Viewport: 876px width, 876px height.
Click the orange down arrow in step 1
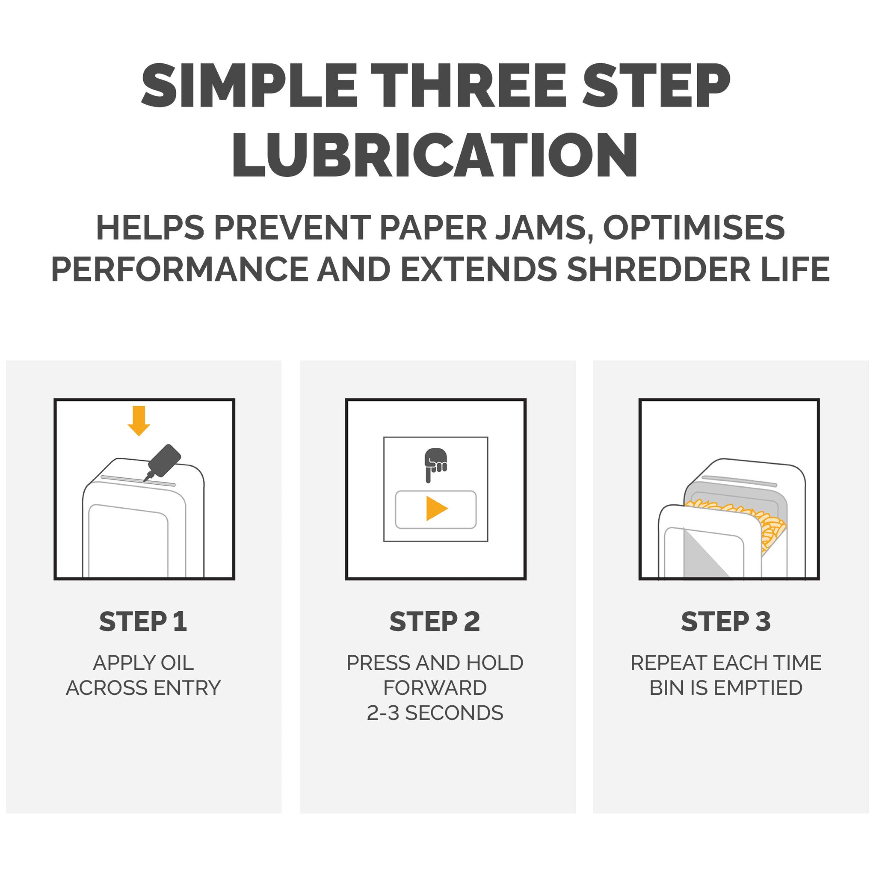coord(139,421)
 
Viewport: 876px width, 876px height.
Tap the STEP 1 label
coord(143,621)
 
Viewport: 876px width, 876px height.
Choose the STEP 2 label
coord(435,621)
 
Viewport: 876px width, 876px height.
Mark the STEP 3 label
coord(726,621)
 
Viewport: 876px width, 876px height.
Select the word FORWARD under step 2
coord(435,688)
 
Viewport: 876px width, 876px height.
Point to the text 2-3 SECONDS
coord(435,713)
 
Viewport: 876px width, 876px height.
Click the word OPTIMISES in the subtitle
coord(694,228)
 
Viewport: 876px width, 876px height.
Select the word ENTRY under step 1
coord(187,688)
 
